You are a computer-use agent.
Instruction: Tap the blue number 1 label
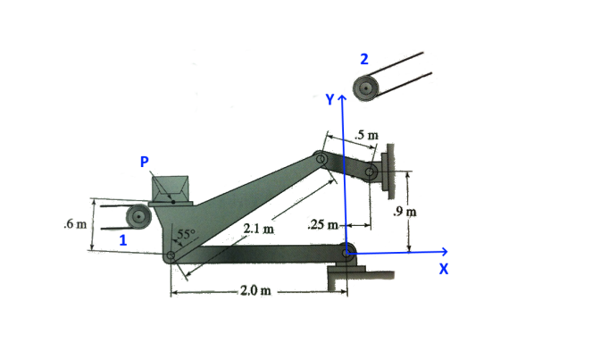point(123,240)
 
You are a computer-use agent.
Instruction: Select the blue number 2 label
point(363,59)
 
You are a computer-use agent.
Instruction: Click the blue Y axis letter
point(329,99)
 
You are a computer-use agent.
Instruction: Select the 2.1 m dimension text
point(258,230)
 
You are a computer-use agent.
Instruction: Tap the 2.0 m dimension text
point(255,292)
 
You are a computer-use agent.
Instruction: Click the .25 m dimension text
point(321,224)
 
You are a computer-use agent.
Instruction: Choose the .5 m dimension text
point(366,135)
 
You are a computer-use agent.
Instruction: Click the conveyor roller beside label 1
point(138,216)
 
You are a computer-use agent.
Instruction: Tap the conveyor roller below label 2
point(366,88)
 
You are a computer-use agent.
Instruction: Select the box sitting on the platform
point(171,188)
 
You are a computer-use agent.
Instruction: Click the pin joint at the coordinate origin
point(346,253)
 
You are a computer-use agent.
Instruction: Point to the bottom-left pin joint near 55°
point(171,256)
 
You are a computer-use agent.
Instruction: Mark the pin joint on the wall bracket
point(370,172)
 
